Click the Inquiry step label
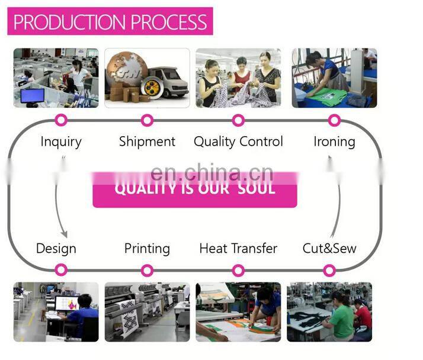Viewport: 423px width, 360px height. [61, 142]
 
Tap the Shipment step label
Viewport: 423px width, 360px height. [147, 142]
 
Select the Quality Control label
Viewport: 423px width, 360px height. [238, 142]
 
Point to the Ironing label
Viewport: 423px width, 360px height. [334, 142]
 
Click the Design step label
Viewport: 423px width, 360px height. [56, 248]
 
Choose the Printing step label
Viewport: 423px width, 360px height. [147, 248]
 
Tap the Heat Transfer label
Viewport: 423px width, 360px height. [238, 248]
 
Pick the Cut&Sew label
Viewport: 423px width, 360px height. [329, 248]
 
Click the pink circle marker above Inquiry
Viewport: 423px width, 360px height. [61, 120]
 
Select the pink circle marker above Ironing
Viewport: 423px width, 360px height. [334, 120]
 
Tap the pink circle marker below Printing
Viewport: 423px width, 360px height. [147, 271]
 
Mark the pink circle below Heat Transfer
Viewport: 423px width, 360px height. [238, 271]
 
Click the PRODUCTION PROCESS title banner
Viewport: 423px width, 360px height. [110, 22]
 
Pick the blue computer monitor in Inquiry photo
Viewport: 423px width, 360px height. [32, 95]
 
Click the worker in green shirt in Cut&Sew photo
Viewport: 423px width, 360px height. [342, 320]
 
